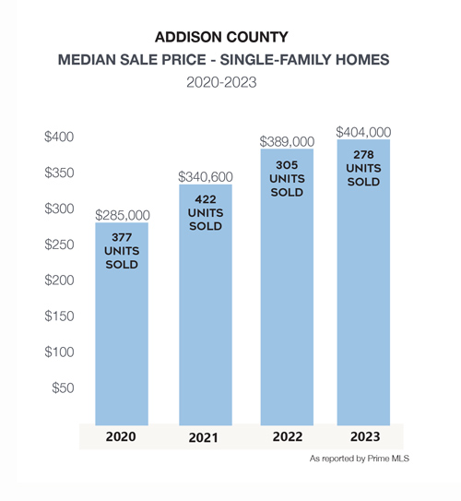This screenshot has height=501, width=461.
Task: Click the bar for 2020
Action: [122, 324]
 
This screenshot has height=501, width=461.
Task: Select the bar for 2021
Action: [206, 304]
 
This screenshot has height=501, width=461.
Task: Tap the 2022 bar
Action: [287, 287]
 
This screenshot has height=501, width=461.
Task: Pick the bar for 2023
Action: [363, 282]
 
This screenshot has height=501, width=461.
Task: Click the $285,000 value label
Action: [123, 215]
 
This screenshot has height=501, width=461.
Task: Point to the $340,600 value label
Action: [206, 177]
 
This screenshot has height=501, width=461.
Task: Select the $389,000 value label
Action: [287, 141]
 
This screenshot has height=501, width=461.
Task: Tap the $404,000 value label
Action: [363, 132]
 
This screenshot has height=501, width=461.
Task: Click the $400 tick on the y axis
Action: [59, 137]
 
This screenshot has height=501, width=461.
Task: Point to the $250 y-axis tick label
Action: [59, 245]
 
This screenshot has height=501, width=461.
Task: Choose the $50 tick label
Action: [63, 388]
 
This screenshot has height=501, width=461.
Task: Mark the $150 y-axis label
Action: [59, 316]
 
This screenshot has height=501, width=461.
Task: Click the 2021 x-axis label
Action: [204, 437]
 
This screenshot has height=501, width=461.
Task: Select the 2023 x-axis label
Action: [365, 436]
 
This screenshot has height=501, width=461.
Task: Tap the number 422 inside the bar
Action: [206, 199]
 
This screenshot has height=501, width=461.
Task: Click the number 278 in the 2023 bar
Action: [363, 155]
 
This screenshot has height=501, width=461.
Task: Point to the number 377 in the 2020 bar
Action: [122, 237]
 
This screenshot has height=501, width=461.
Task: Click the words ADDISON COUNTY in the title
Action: [221, 37]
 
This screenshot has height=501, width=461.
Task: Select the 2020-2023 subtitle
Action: [221, 82]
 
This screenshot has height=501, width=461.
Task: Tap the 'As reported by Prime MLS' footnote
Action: [360, 459]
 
